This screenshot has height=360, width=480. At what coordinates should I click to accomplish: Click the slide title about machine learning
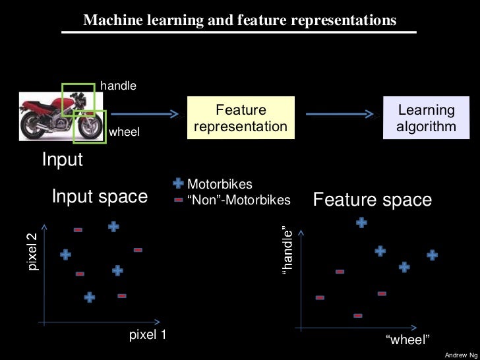(239, 20)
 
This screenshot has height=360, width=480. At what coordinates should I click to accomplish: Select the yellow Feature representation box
(241, 118)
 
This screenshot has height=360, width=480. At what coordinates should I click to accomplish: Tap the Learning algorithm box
(426, 118)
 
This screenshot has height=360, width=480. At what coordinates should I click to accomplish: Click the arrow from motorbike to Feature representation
(142, 114)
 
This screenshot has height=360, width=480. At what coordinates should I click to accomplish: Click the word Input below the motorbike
(63, 160)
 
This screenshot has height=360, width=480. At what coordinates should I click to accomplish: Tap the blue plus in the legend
(178, 185)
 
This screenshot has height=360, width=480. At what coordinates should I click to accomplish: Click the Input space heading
(100, 197)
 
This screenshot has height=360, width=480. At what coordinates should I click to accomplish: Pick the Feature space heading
(372, 200)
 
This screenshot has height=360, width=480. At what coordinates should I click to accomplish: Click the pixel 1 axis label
(148, 335)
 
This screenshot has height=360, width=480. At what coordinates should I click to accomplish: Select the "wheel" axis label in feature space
(407, 340)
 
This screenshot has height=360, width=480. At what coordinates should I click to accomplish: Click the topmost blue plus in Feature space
(361, 223)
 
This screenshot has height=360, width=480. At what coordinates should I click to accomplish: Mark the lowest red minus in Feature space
(358, 316)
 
